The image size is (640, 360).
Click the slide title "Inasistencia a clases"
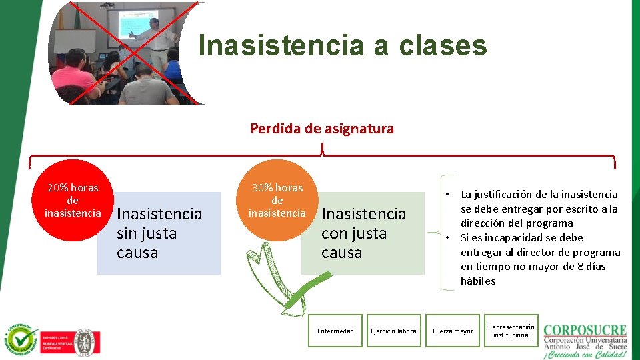[x=343, y=46]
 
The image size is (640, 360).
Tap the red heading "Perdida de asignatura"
[x=322, y=129]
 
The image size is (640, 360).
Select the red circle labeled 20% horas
[x=72, y=200]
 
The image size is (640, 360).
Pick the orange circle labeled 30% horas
[x=277, y=200]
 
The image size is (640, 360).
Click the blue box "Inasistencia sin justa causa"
[x=159, y=233]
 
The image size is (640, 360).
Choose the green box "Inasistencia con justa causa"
[x=363, y=233]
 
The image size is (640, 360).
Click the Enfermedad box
[x=335, y=331]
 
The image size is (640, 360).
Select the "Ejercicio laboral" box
[x=394, y=331]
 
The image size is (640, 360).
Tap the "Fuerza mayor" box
[x=453, y=331]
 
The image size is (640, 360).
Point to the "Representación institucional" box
[x=511, y=331]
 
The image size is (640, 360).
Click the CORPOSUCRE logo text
[x=585, y=330]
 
